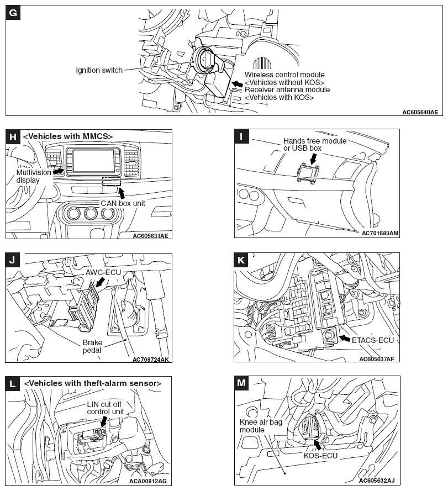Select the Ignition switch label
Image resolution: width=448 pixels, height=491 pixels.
tap(99, 70)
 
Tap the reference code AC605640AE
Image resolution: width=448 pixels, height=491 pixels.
tap(419, 112)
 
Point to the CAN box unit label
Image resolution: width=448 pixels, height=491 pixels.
tap(122, 203)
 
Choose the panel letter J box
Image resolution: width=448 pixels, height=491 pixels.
tap(13, 260)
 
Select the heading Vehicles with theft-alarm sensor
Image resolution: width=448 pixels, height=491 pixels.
tap(93, 383)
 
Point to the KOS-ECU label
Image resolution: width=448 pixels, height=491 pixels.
tap(321, 457)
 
